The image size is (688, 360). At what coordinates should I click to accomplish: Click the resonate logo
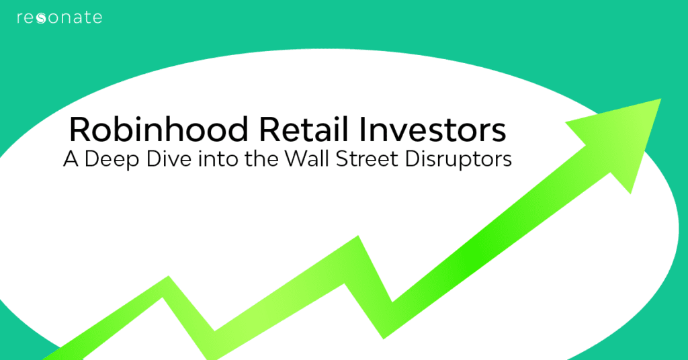(x=59, y=17)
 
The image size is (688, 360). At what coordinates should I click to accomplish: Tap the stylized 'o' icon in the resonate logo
(x=41, y=18)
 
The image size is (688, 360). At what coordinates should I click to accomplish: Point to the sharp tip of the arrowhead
(x=660, y=99)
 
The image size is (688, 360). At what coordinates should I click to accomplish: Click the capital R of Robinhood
(x=79, y=130)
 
